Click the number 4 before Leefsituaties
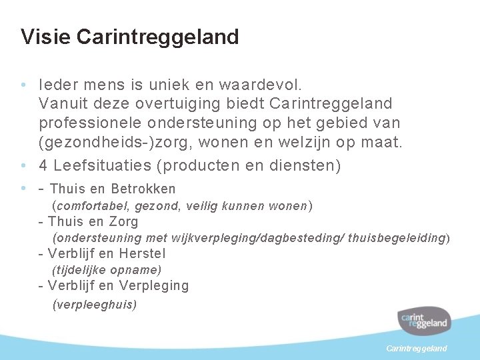coord(43,165)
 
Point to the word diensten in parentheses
coord(303,165)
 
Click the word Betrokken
coord(143,189)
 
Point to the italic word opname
coord(137,270)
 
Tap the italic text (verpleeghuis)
coord(94,305)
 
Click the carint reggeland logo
coord(424,322)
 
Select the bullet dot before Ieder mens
coord(24,85)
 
